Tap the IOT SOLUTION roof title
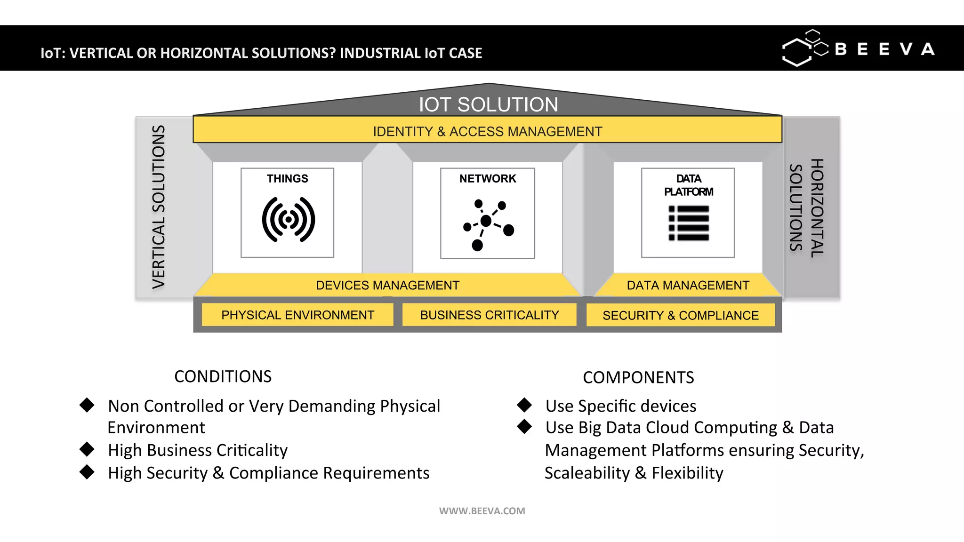tap(488, 104)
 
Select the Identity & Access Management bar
tap(487, 131)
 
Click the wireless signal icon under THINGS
tap(288, 219)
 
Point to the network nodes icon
tap(488, 224)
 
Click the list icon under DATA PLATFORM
tap(689, 223)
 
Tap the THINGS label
tap(287, 179)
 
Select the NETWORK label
tap(488, 179)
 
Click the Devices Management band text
tap(387, 285)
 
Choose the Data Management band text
tap(688, 285)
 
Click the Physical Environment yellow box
tap(297, 315)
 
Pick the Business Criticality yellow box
tap(489, 315)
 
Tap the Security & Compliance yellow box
tap(680, 315)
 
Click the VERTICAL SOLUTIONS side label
tap(159, 207)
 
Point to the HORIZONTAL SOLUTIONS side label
tap(806, 207)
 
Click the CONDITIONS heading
tap(223, 376)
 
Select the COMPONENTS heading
tap(638, 377)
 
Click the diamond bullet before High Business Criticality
tap(87, 449)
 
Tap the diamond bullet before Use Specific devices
tap(524, 405)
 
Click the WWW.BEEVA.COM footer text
tap(482, 511)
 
